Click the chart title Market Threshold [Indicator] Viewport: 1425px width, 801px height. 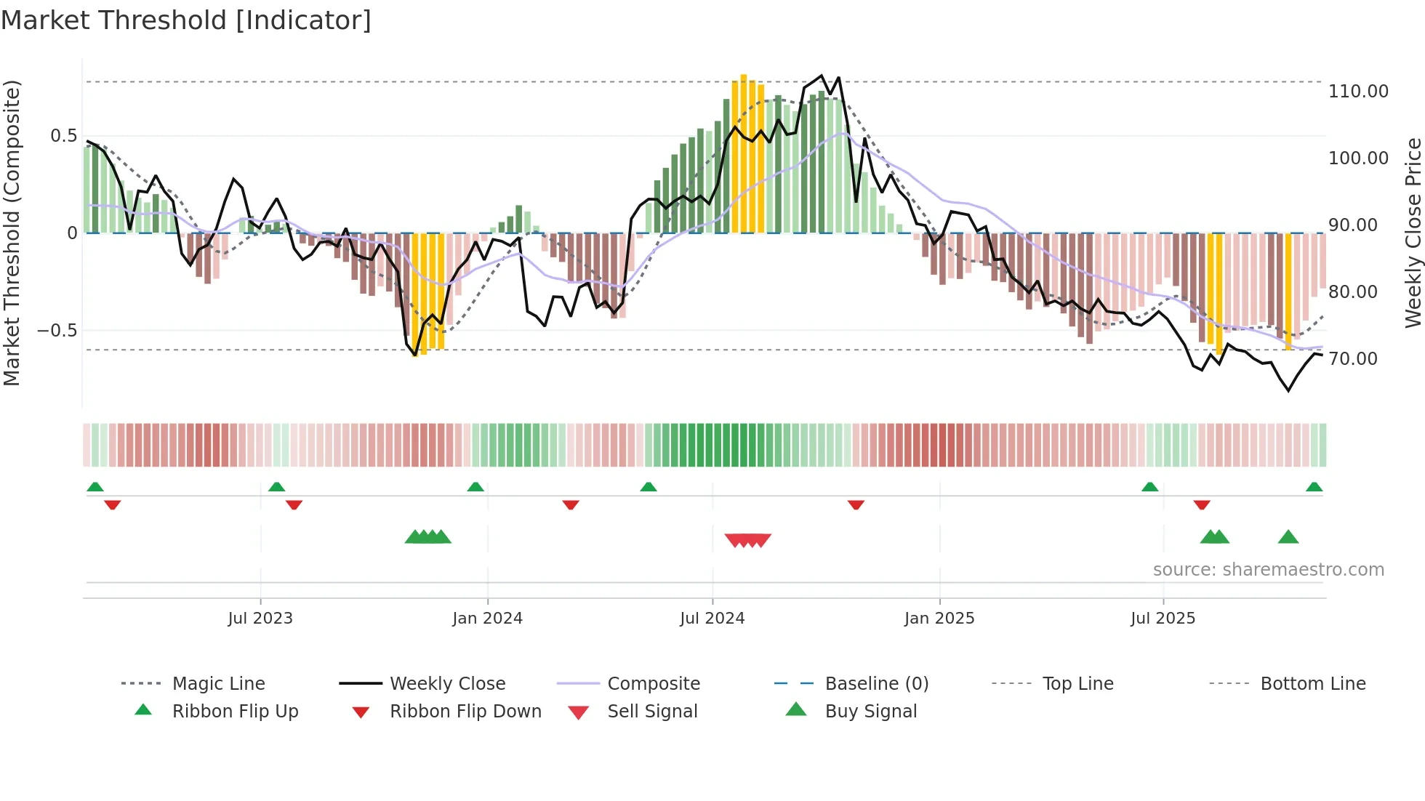tap(186, 20)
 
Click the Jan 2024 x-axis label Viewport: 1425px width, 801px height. tap(487, 619)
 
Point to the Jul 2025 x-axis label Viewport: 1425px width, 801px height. tap(1163, 619)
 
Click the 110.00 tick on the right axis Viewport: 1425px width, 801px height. tap(1358, 92)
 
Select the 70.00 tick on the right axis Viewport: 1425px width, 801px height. tap(1352, 359)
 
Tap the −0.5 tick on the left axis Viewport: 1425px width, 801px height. tap(57, 331)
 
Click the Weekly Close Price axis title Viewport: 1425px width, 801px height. tap(1413, 233)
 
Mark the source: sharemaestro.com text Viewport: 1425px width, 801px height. tap(1268, 570)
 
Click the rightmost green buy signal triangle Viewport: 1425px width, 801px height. tap(1288, 537)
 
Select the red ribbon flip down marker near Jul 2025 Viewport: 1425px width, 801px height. tap(1202, 504)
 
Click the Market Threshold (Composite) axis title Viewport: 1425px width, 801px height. tap(12, 233)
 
